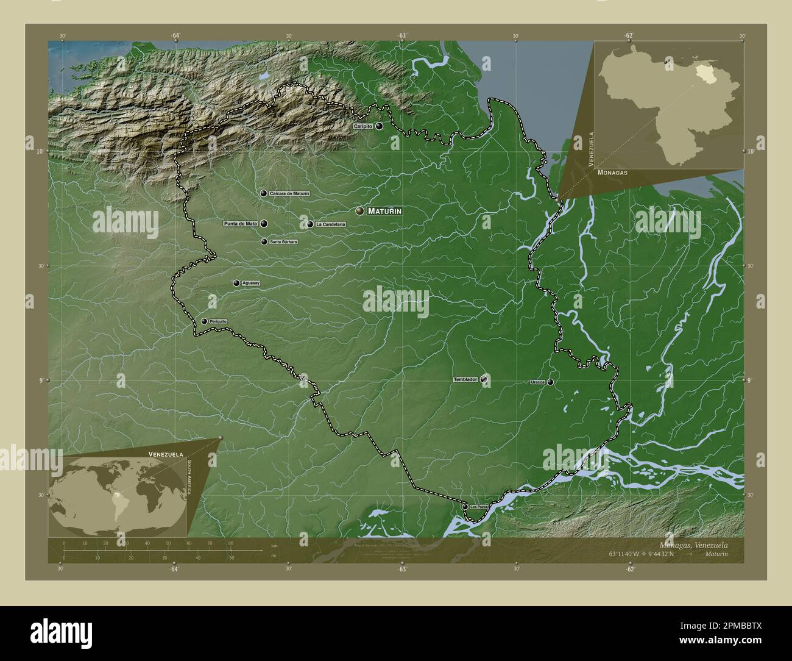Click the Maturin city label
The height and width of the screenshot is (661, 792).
coord(384,211)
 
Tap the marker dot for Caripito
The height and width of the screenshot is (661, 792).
coord(380,126)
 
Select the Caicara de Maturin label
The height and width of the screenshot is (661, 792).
coord(289,193)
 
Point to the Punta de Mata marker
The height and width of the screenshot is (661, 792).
coord(264,224)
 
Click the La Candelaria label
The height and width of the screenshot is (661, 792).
coord(330,224)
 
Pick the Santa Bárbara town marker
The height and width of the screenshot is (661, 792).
coord(264,242)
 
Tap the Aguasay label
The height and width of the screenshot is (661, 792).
coord(251,284)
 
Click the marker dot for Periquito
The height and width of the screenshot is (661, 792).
coord(204,321)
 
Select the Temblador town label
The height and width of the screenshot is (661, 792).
coord(465,380)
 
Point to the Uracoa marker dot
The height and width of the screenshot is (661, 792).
coord(550,382)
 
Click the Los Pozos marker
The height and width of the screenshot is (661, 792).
coord(465,507)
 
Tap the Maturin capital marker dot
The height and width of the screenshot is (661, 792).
coord(360,211)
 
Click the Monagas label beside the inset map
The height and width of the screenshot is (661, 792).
coord(612,173)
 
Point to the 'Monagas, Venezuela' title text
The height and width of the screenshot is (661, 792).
coord(693,544)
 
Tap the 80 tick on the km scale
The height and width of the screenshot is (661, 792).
coord(230,543)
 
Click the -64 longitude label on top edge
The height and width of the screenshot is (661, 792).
coord(175,36)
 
